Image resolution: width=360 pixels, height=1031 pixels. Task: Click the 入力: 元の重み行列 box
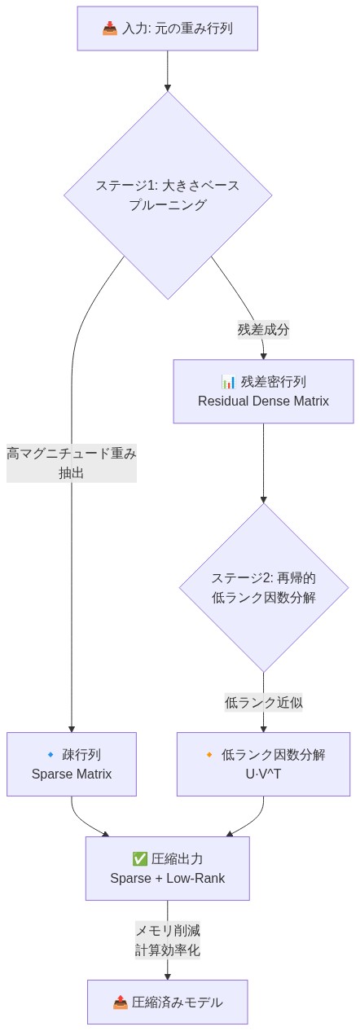click(167, 29)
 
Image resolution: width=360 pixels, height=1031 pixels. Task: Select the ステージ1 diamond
click(167, 195)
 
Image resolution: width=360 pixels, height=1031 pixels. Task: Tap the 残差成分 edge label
click(263, 330)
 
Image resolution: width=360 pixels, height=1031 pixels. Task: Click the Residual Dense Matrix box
click(263, 391)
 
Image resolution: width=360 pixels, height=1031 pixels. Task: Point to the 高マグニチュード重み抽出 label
click(72, 463)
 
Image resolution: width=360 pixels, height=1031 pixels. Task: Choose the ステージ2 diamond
click(263, 587)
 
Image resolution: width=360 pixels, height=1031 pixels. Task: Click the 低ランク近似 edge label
click(263, 702)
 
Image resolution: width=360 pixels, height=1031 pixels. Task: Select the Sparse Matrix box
click(72, 764)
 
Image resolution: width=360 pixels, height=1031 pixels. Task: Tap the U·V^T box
click(263, 764)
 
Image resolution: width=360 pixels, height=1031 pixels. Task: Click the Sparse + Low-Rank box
click(167, 868)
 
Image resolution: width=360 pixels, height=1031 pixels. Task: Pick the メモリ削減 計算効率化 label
click(167, 940)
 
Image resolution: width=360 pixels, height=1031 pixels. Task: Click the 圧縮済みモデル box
click(167, 1002)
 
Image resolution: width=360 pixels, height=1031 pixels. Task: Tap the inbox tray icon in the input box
click(110, 29)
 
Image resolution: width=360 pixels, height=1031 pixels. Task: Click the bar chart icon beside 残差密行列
click(229, 381)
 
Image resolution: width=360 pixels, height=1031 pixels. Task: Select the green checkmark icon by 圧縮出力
click(139, 858)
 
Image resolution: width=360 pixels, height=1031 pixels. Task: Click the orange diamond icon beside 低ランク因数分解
click(209, 755)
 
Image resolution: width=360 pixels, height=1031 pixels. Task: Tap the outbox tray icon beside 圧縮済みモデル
click(120, 1002)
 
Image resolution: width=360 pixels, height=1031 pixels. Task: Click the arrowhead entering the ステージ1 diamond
click(167, 86)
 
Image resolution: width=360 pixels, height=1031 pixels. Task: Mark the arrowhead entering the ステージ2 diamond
click(263, 498)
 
